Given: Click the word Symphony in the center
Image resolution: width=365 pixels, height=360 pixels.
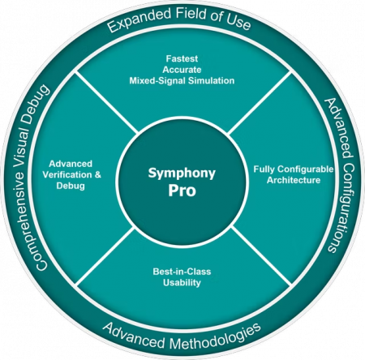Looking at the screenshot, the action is coord(182,174).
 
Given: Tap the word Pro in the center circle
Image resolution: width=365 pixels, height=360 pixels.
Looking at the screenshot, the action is coord(182,191).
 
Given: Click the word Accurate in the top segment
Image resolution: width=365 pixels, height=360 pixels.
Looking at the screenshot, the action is coord(182,70).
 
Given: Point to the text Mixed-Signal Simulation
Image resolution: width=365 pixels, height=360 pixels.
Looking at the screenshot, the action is coord(182,80).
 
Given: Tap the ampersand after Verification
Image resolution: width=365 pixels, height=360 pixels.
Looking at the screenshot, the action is coord(98,175).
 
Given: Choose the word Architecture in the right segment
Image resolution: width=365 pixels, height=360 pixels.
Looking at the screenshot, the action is coord(294,180).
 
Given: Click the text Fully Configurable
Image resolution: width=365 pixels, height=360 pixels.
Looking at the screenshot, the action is coord(294,169).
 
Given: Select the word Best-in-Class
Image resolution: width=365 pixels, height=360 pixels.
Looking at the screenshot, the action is coord(182,272).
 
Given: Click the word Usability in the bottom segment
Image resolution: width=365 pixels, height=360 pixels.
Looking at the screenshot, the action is coord(182,283).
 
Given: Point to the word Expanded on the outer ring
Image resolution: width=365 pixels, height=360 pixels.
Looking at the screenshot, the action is coord(140,19).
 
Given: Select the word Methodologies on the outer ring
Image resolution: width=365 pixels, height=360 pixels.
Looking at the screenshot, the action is coord(216,337).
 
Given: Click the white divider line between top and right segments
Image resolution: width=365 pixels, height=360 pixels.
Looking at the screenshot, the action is coord(260,103).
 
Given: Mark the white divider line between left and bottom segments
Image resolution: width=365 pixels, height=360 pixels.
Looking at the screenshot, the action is coord(105,256).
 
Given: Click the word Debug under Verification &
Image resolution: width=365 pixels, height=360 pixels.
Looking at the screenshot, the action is coord(71,186).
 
